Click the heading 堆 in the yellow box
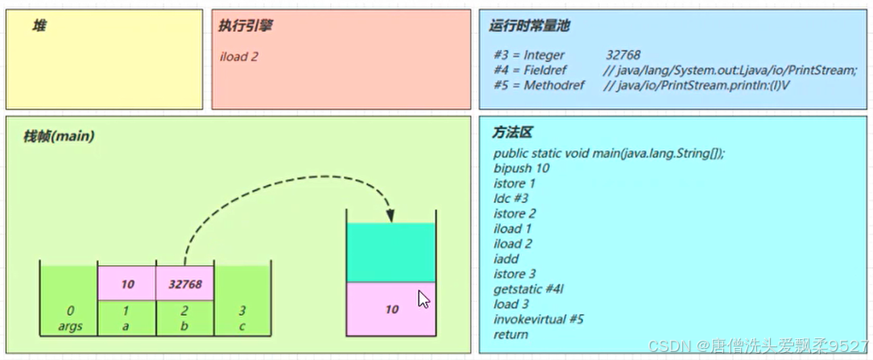[39, 27]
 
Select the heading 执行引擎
[245, 27]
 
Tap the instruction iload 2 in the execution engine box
[239, 56]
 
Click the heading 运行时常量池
[529, 26]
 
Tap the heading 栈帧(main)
[59, 137]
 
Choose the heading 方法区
[513, 132]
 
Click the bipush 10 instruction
[521, 168]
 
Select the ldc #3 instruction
[511, 198]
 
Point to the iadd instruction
[507, 259]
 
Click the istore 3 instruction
[515, 274]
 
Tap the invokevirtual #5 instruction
[538, 319]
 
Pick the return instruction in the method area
[511, 334]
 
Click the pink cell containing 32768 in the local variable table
[184, 283]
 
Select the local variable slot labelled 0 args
[70, 318]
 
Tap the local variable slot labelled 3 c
[242, 318]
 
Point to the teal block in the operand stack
[391, 252]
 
